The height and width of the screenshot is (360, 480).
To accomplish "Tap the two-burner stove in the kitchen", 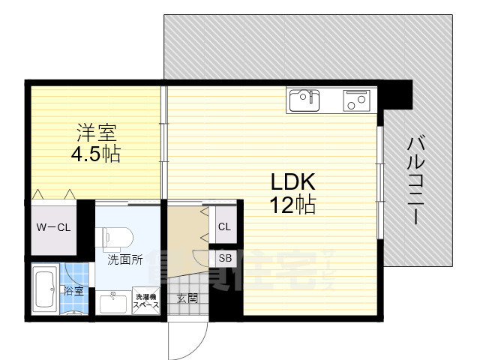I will tap(358, 100).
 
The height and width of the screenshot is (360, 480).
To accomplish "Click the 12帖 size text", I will tap(292, 203).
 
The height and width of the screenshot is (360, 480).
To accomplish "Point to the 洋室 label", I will tap(96, 133).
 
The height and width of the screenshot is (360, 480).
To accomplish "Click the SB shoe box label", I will tap(224, 257).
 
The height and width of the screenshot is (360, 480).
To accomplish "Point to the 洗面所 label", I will tap(124, 261).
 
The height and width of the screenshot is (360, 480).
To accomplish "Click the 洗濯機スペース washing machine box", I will tap(145, 301).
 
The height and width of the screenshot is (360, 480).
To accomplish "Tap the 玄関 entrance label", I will tap(187, 298).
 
